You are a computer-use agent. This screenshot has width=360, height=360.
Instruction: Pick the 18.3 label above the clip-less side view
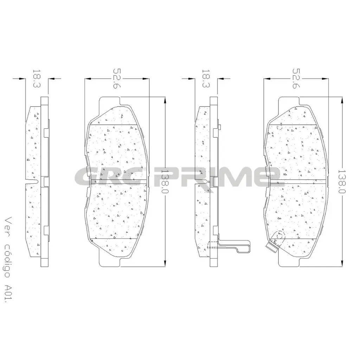(37, 78)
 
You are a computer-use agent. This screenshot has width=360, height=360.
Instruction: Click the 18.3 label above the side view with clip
(206, 78)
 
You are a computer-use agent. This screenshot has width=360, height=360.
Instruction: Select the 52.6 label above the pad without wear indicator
(117, 79)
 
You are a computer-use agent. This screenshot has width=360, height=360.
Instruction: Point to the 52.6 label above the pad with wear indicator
(296, 79)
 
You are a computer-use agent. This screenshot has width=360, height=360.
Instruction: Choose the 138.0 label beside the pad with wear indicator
(342, 181)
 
